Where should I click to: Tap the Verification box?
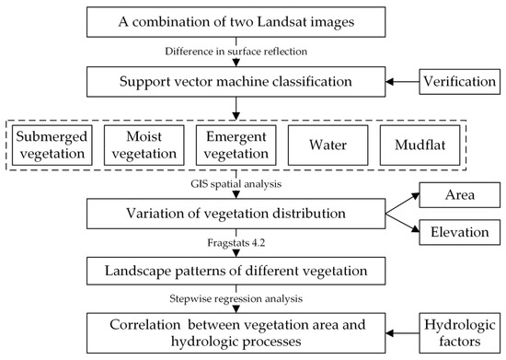458,83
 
